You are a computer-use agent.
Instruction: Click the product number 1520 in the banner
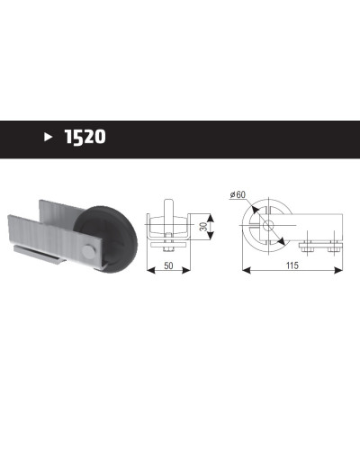(85, 137)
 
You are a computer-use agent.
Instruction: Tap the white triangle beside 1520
(48, 137)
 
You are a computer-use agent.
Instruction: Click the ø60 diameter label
(238, 194)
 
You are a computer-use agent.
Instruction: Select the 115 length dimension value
(292, 265)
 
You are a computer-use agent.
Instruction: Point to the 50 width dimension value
(168, 265)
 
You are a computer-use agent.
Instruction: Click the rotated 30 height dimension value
(203, 227)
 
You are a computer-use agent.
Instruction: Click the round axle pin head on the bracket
(88, 251)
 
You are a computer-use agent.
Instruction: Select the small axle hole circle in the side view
(268, 225)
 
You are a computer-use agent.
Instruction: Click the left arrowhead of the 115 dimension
(246, 270)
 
